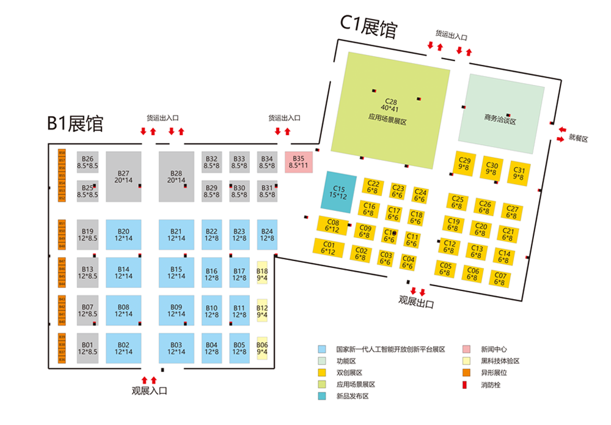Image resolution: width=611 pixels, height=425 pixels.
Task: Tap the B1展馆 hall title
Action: coord(75,123)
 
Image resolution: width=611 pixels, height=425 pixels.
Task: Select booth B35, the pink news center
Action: coord(299,162)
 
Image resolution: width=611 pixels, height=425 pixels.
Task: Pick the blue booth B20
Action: coord(123,235)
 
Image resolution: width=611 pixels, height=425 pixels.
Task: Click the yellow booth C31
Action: coord(519,174)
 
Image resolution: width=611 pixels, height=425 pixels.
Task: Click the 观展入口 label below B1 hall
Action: coord(149,390)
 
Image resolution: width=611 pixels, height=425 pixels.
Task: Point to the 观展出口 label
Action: coord(416,301)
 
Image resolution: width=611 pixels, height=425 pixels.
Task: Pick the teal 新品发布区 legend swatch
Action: coord(321,396)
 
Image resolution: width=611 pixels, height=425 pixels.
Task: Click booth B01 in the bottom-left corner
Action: coord(87,348)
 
